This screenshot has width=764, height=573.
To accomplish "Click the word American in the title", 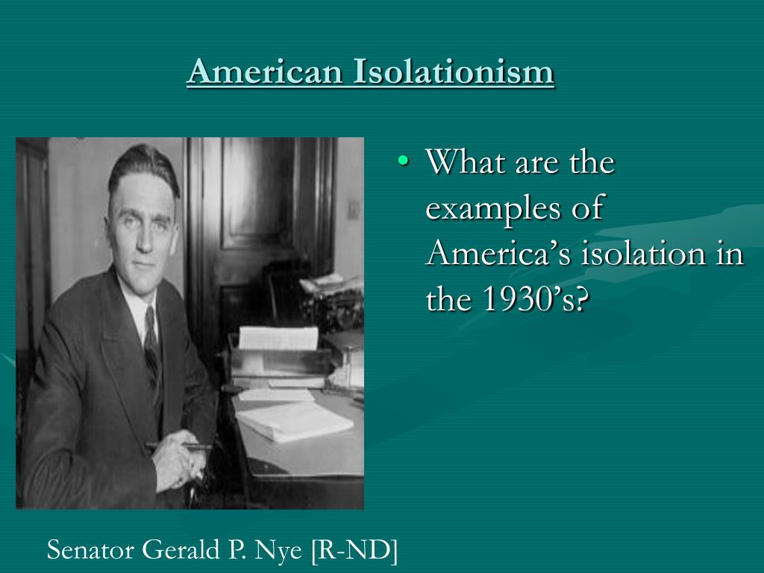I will [265, 72].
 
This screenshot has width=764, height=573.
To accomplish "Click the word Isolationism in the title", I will [454, 72].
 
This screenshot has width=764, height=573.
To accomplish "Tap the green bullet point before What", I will [404, 160].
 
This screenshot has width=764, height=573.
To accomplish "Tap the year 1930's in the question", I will [532, 300].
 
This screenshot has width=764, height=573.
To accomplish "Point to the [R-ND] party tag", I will [354, 551].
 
